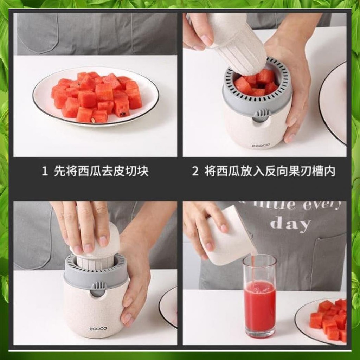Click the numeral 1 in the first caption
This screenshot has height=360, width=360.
click(x=44, y=172)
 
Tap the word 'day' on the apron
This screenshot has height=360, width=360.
click(x=290, y=224)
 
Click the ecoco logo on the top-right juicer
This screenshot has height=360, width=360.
click(x=259, y=145)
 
